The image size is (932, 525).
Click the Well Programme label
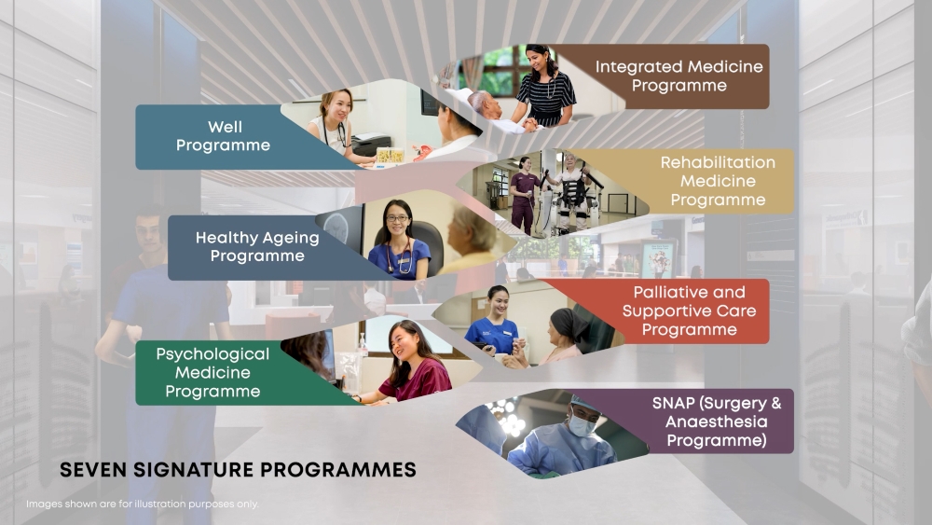click(x=223, y=136)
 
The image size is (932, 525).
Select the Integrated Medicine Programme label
click(x=678, y=76)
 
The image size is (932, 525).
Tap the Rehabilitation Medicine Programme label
click(x=718, y=181)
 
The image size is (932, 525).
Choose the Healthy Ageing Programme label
click(x=257, y=247)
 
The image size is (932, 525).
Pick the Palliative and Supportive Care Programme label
click(x=689, y=311)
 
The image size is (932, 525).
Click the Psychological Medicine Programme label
click(x=212, y=372)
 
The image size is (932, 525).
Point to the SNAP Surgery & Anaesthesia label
click(x=716, y=421)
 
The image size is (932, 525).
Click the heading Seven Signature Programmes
click(x=238, y=470)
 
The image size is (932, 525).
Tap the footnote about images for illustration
click(x=143, y=504)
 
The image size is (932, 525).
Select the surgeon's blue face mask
click(x=582, y=425)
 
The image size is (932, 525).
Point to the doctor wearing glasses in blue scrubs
click(x=398, y=241)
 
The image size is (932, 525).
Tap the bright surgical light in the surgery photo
click(x=512, y=423)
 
